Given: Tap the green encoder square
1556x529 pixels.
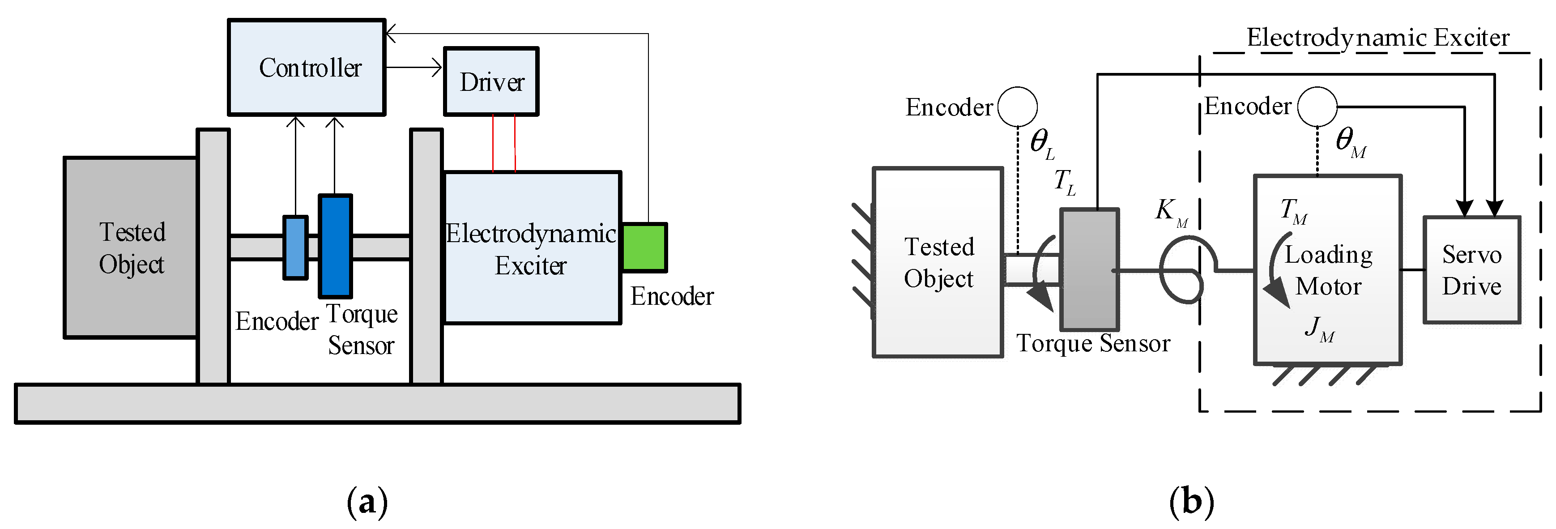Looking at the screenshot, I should tap(644, 247).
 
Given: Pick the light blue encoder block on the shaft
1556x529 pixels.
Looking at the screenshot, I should tap(295, 247).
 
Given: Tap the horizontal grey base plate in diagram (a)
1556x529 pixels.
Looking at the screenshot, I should tap(378, 403).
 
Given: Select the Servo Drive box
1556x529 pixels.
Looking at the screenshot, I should tap(1471, 270).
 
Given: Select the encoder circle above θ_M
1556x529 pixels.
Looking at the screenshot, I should tap(1317, 106).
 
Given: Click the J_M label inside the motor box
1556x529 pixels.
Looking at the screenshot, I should tap(1319, 329).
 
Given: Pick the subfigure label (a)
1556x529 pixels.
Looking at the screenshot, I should tap(367, 502).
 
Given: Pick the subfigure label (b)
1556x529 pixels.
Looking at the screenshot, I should tap(1191, 502).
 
